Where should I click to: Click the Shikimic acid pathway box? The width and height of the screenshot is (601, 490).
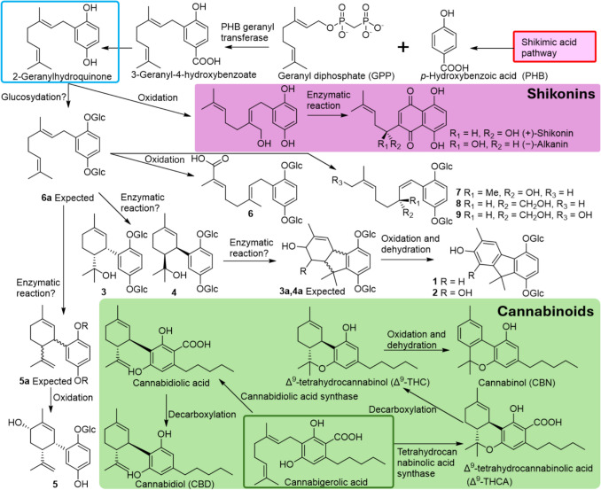click(x=555, y=46)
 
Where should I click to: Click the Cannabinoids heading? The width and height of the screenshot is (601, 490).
click(x=545, y=311)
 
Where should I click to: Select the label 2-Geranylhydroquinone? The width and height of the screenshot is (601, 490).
click(x=62, y=76)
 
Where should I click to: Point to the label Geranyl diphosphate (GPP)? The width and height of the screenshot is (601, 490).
click(x=336, y=75)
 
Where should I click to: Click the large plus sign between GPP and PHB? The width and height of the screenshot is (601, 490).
click(x=402, y=47)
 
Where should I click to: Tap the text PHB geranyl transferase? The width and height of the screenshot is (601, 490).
click(x=247, y=32)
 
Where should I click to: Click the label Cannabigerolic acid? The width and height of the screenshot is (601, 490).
click(x=326, y=482)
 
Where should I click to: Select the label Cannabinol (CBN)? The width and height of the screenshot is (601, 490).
click(x=516, y=383)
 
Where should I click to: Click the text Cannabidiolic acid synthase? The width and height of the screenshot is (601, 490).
click(x=299, y=396)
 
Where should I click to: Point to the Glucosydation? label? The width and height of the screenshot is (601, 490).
click(x=34, y=97)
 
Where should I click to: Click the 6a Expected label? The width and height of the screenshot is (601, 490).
click(x=67, y=198)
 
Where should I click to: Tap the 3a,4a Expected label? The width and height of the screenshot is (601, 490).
click(x=312, y=292)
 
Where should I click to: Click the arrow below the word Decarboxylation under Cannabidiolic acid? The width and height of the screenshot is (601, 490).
click(x=166, y=410)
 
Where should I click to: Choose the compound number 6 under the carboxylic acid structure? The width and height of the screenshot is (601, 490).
click(x=250, y=213)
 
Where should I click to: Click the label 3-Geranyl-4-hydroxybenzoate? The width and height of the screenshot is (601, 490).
click(x=194, y=74)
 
